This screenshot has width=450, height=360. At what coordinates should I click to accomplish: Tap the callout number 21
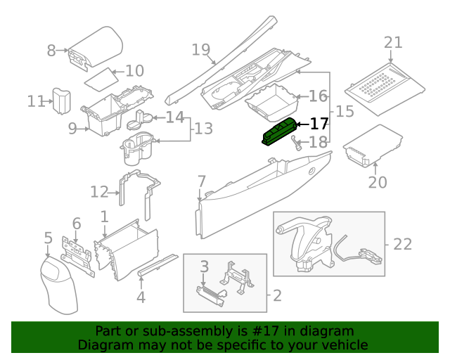click(x=392, y=43)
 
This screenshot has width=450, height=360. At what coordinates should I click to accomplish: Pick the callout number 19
click(x=202, y=49)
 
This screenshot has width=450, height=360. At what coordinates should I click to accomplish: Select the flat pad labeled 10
click(x=98, y=79)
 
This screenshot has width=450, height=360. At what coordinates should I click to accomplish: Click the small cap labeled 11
click(x=62, y=101)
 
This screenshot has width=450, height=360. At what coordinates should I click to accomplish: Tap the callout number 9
click(x=72, y=128)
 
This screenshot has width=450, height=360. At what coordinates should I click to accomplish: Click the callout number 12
click(x=99, y=191)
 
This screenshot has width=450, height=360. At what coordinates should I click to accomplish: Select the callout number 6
click(x=77, y=224)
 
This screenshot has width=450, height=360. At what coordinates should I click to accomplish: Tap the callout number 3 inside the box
click(x=205, y=266)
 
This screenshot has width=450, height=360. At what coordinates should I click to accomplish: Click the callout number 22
click(x=402, y=244)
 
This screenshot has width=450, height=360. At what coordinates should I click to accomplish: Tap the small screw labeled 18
click(x=297, y=146)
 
